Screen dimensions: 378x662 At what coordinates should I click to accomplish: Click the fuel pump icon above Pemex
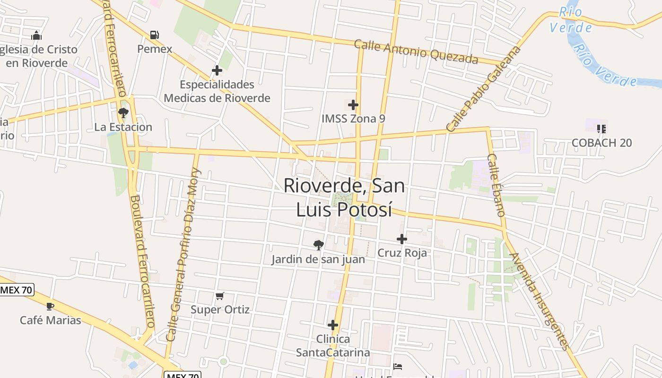pos(154,35)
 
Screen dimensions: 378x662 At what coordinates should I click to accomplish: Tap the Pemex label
pos(155,49)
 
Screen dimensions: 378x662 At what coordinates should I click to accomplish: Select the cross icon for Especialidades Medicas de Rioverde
pos(217,70)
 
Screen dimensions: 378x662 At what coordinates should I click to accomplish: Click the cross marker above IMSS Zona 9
pos(353,105)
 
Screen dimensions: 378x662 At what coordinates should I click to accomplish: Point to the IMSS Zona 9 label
pos(353,119)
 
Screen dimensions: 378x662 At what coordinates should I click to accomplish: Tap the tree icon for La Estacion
pos(123,112)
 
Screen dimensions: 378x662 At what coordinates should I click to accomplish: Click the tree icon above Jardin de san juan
pos(319,245)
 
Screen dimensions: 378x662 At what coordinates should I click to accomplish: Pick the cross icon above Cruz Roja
pos(402,239)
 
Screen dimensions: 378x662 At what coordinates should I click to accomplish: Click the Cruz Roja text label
pos(402,253)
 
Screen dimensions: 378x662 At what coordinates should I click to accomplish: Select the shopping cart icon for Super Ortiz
pos(219,296)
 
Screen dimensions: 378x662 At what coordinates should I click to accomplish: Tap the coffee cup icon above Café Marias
pos(50,306)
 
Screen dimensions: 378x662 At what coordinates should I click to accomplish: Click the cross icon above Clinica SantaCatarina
pos(333,325)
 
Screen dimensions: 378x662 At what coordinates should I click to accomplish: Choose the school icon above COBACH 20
pos(601,129)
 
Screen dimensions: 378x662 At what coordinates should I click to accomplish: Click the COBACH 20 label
pos(601,143)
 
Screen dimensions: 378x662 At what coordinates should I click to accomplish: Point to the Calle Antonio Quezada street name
pos(416,52)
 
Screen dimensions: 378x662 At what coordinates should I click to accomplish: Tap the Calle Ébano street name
pos(496,185)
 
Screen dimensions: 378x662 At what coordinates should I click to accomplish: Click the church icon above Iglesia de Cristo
pos(36,35)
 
